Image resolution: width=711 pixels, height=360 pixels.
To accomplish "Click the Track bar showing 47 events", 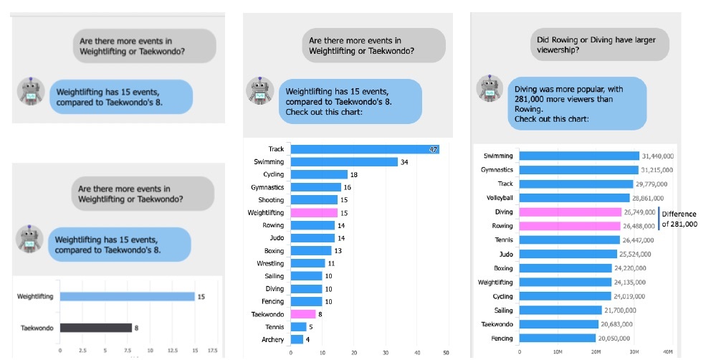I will coord(364,149).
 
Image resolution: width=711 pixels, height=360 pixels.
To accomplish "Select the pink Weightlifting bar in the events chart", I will coord(313,213).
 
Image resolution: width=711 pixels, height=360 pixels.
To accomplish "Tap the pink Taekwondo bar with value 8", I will coord(302,314).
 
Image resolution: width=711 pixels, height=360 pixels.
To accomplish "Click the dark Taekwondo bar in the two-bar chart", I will coord(95,328).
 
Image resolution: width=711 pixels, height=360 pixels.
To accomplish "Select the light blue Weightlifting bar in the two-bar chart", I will coord(127,296).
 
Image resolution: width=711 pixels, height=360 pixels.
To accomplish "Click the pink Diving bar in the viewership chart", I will coord(570,212).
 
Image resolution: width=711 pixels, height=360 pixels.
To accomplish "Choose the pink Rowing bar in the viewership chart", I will coord(569,227).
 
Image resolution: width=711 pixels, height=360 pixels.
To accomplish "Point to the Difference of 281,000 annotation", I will coord(679,219).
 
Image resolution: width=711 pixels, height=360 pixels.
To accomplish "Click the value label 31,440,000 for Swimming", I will coord(663,156).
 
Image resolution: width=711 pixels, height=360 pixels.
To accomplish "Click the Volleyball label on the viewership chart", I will coord(497,198).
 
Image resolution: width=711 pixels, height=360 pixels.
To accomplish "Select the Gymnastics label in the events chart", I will coord(267,187).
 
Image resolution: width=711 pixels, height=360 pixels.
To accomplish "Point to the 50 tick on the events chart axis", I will coord(447,353).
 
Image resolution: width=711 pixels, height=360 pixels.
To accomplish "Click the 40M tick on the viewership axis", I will coord(668,353).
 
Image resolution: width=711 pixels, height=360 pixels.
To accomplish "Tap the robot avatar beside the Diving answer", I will coord(490,87).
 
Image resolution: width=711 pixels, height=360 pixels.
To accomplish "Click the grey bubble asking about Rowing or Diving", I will coord(599,44).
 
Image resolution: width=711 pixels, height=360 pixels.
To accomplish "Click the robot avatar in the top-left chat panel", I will coord(30,90).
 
